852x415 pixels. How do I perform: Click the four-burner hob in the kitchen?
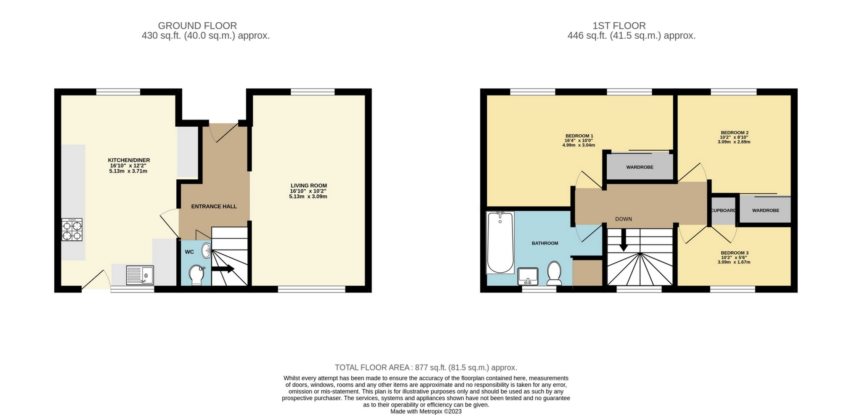tap(72, 230)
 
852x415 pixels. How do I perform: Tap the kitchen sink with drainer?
tap(140, 275)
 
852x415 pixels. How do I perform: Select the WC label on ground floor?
tap(189, 252)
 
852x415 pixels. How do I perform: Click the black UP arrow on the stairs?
tap(223, 269)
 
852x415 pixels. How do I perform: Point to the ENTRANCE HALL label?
tap(214, 206)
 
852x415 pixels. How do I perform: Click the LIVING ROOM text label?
tap(308, 186)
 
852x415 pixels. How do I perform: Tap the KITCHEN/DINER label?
tap(129, 160)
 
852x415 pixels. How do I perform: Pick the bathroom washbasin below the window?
tap(528, 276)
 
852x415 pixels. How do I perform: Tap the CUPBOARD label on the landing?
tap(723, 210)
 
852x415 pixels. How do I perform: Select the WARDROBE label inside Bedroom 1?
tap(640, 167)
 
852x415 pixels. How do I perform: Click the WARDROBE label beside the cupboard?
tap(765, 210)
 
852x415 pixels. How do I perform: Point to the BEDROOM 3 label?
tap(734, 253)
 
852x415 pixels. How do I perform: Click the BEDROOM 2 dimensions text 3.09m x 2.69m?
tap(734, 142)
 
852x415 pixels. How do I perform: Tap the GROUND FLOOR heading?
tap(197, 26)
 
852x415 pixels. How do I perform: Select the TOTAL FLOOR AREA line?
tap(426, 367)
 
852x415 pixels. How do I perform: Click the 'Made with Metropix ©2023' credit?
tap(426, 411)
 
